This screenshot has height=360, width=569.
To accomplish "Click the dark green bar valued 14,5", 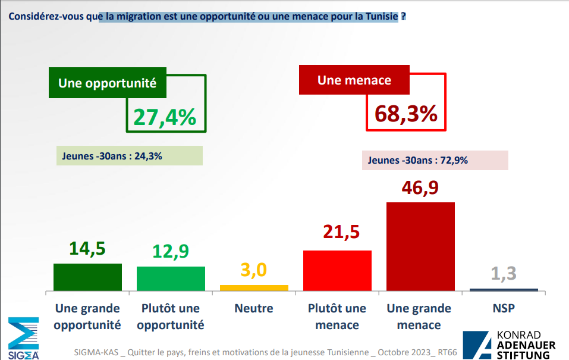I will point(87,277).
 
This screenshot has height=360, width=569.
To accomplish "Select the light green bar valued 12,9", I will point(171,278).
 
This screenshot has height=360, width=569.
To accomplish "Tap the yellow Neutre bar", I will point(254,287).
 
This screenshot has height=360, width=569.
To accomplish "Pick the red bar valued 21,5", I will point(337,270).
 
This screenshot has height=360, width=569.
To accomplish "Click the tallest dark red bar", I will point(420,246).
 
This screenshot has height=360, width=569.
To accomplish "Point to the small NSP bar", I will point(504,290).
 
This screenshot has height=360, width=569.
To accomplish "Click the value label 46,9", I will point(420,187).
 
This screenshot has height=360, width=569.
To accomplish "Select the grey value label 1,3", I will point(504,274).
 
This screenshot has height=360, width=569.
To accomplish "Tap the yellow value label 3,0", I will point(254,270).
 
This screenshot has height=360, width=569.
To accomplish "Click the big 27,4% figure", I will point(165,117).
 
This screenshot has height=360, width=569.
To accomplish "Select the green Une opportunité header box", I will point(107,83).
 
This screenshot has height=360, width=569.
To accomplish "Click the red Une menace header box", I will point(354,80).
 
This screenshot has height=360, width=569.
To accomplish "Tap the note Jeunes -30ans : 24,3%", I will point(129,156).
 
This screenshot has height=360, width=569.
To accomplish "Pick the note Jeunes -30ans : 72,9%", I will point(435,161).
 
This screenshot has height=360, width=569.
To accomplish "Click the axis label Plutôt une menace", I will point(337,317).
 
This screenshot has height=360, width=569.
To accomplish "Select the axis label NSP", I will point(504,309).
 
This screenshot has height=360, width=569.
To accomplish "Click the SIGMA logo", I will point(23,338).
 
